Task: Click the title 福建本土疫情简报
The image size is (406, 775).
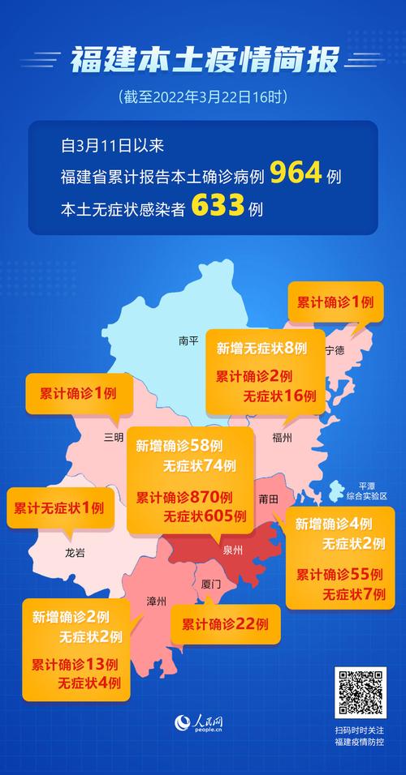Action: click(x=203, y=61)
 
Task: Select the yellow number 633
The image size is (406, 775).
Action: click(x=218, y=208)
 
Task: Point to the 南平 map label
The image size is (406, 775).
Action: click(x=188, y=341)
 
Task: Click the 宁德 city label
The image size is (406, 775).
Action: click(x=335, y=350)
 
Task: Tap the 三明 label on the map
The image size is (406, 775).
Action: click(x=114, y=437)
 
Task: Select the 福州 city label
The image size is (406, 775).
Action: click(x=283, y=437)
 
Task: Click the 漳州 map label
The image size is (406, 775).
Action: click(x=156, y=601)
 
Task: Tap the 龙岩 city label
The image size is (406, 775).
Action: click(x=75, y=553)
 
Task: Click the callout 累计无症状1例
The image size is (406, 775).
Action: click(x=58, y=508)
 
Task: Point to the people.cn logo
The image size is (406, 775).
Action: click(x=203, y=724)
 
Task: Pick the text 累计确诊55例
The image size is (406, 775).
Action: click(x=339, y=574)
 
